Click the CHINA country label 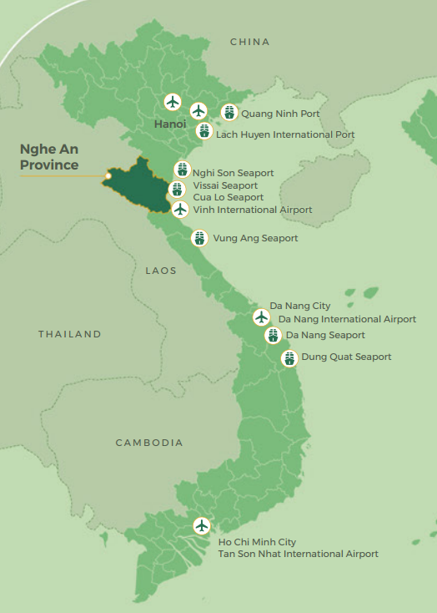249,42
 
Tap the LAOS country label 161,271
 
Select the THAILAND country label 69,334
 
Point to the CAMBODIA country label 149,443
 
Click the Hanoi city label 169,124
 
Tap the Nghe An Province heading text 49,157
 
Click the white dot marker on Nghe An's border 108,176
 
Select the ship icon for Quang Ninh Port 229,113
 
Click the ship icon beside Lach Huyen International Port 203,131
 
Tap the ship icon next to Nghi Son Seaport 182,170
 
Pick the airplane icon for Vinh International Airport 180,209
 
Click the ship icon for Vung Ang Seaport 198,238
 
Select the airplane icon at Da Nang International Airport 261,317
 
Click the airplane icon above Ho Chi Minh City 201,526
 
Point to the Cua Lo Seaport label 228,197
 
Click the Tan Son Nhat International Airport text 298,554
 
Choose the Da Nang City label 294,306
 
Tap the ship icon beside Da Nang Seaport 273,336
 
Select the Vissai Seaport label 225,185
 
